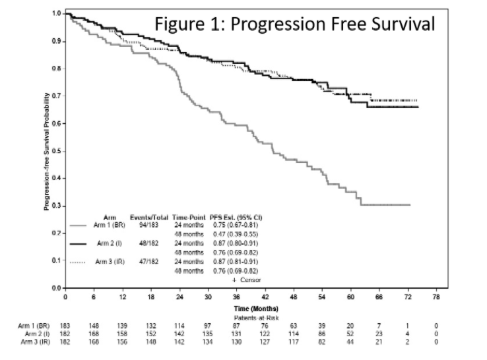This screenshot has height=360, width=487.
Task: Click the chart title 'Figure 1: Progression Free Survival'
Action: pos(294,24)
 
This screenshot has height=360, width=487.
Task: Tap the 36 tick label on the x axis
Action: pos(236,297)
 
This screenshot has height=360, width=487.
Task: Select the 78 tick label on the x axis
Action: pos(436,297)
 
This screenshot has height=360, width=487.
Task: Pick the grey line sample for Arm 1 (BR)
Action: pos(80,225)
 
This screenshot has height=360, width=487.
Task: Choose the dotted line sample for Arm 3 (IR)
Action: pos(80,262)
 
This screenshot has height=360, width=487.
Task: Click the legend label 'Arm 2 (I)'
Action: pos(108,244)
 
